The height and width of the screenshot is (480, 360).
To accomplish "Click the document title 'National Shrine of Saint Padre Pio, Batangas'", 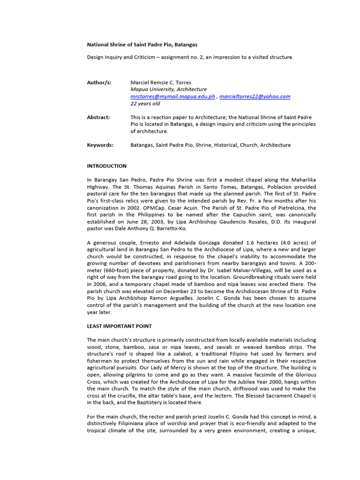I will [x=142, y=45].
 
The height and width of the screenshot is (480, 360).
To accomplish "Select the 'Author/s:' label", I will [x=99, y=82].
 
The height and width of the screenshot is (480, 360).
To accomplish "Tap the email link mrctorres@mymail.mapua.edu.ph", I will [x=172, y=97].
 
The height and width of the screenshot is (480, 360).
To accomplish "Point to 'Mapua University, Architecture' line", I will [x=168, y=89].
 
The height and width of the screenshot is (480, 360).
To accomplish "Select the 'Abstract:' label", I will [x=98, y=117].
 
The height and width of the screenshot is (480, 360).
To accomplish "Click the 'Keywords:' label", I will [x=100, y=145].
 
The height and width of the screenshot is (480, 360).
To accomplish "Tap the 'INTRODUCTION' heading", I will [x=107, y=166].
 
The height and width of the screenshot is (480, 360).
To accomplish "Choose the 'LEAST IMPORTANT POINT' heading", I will [x=120, y=326].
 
